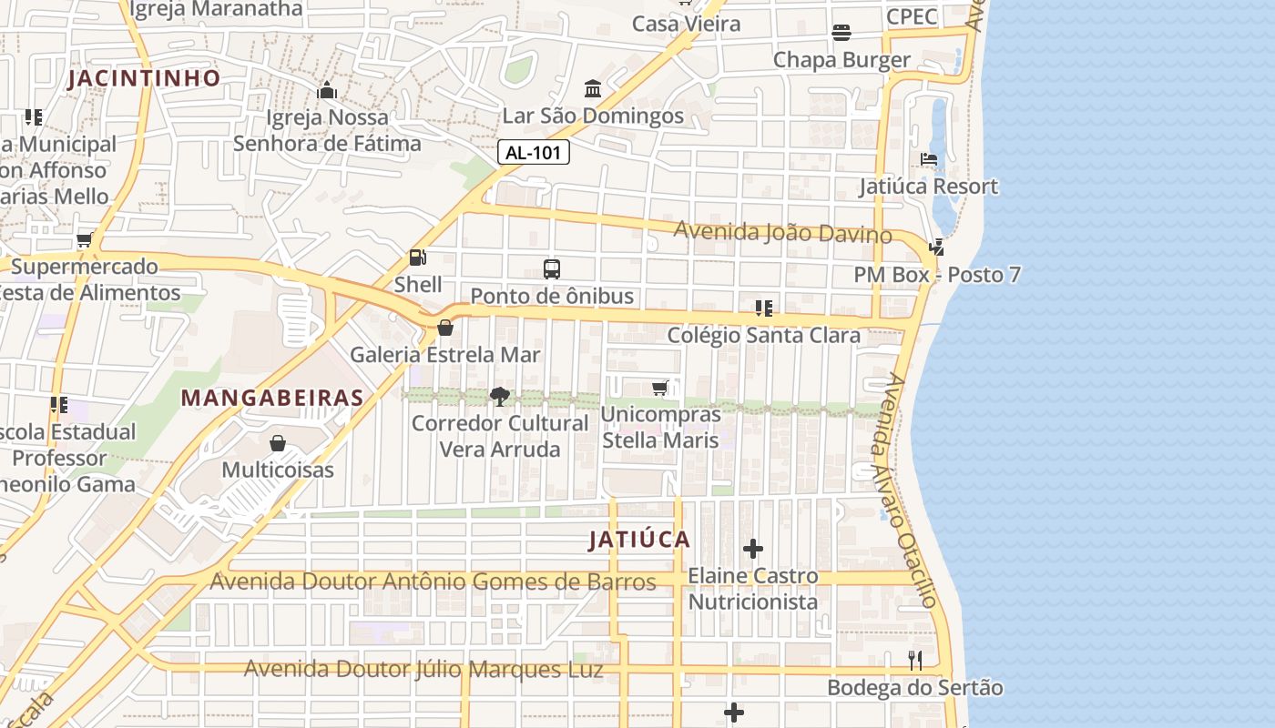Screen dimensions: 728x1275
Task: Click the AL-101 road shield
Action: click(x=534, y=153)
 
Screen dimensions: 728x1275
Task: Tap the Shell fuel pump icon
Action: click(x=417, y=258)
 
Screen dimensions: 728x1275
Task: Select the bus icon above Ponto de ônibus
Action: click(x=552, y=269)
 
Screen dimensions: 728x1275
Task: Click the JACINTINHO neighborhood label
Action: click(x=144, y=78)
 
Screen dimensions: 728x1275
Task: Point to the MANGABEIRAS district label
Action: click(x=272, y=398)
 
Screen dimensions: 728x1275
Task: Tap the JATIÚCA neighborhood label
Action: click(x=639, y=540)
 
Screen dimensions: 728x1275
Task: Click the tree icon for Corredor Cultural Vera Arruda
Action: click(x=499, y=396)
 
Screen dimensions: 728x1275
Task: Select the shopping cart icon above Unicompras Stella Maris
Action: click(x=660, y=389)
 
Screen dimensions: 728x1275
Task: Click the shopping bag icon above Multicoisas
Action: click(x=278, y=443)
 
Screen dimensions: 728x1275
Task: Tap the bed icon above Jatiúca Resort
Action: click(x=929, y=159)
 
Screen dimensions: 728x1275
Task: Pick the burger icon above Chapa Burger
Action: click(x=841, y=33)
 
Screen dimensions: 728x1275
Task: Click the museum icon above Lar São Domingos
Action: click(x=593, y=89)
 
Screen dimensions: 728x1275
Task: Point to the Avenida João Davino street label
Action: click(x=782, y=233)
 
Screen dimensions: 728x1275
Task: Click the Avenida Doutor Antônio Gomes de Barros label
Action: click(x=433, y=581)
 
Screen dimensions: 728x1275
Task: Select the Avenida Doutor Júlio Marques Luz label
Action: click(x=423, y=670)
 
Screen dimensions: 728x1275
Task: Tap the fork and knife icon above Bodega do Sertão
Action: click(x=915, y=661)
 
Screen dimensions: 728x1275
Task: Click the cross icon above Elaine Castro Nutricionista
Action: click(x=753, y=549)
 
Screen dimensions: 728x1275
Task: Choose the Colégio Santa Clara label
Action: click(x=763, y=335)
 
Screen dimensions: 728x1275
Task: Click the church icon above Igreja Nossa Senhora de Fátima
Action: click(x=326, y=90)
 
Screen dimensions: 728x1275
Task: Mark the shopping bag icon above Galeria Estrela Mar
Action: click(x=445, y=328)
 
